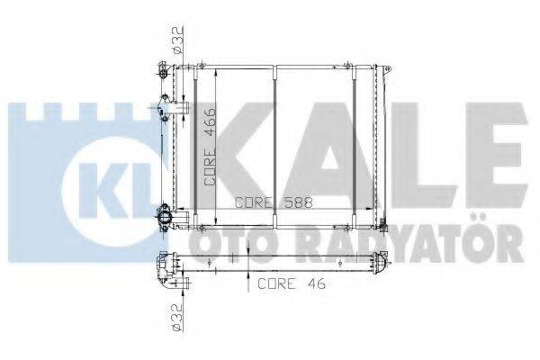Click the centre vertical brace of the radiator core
pyautogui.click(x=277, y=144)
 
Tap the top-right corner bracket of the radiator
pyautogui.click(x=387, y=70)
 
